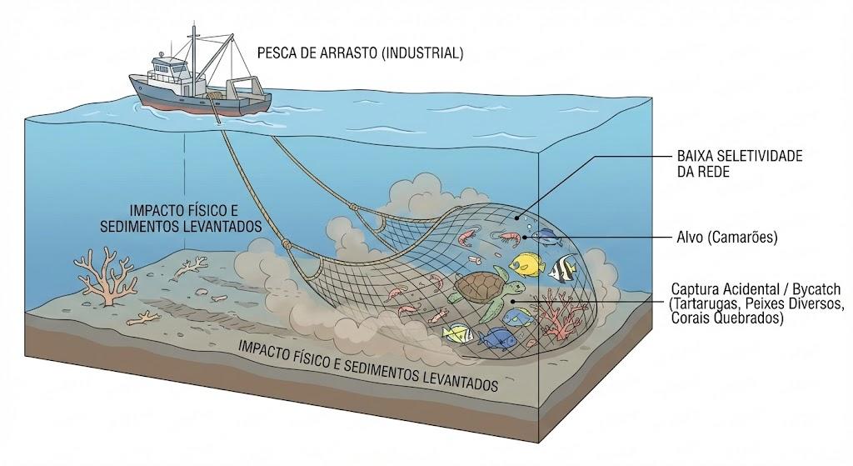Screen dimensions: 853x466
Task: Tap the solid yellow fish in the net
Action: [527, 263]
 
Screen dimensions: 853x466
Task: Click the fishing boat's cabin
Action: [170, 73]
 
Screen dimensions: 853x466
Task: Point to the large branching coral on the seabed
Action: [104, 276]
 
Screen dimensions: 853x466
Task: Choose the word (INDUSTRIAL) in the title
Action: [422, 53]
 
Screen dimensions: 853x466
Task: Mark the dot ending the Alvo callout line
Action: [525, 238]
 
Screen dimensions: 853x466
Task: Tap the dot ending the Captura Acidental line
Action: [512, 300]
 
